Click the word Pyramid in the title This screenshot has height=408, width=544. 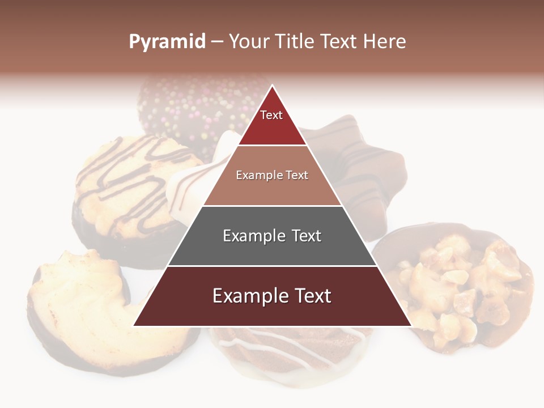(x=167, y=42)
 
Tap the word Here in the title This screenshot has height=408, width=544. (x=384, y=42)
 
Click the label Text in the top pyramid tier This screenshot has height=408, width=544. (x=271, y=116)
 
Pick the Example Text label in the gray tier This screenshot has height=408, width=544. (x=272, y=236)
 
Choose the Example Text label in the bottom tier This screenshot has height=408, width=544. (x=272, y=296)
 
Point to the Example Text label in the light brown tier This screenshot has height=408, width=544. (x=272, y=175)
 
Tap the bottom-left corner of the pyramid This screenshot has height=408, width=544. (x=134, y=325)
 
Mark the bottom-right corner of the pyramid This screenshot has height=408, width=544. (x=410, y=325)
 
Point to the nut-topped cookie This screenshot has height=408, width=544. (x=459, y=283)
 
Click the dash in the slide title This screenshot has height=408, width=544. (x=216, y=42)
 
